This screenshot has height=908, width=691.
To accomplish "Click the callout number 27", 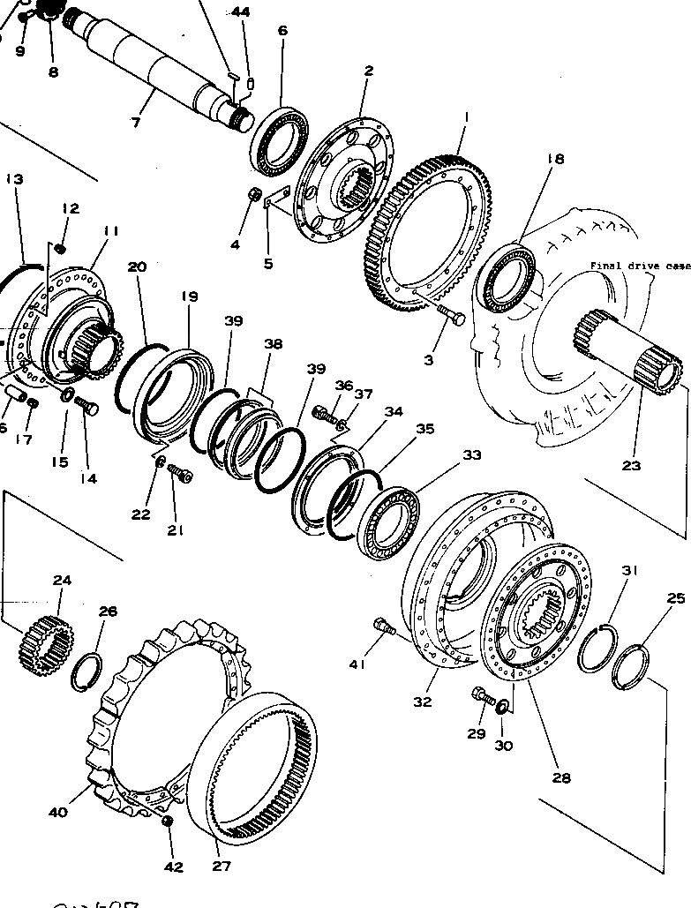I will click(x=221, y=866).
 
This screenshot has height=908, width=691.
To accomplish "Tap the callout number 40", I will click(x=57, y=812).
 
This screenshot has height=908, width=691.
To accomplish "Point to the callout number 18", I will click(x=554, y=159).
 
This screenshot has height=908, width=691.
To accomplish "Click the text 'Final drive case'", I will click(x=641, y=266).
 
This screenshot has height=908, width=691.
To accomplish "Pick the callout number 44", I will click(x=241, y=11).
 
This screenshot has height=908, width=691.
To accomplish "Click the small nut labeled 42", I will click(x=169, y=822).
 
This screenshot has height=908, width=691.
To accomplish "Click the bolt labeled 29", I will click(x=483, y=696).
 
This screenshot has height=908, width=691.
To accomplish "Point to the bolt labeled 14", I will click(x=87, y=408).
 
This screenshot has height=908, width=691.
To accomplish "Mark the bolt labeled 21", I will click(x=182, y=477).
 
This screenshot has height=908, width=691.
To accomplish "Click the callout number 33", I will click(x=472, y=455).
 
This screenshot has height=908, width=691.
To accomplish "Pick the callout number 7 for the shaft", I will click(x=136, y=122).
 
